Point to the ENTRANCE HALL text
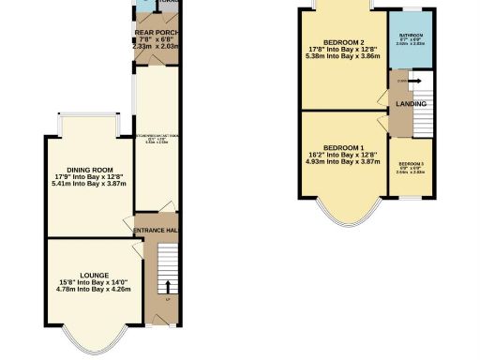pos(155,231)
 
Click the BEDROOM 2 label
pos(343,43)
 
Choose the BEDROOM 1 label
pos(343,147)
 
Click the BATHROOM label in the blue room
pos(409,35)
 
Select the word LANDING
pos(412,103)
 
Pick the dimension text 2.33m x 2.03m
pos(156,44)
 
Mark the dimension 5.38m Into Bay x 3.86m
pos(343,57)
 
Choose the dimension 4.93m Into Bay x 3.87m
pos(343,161)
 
